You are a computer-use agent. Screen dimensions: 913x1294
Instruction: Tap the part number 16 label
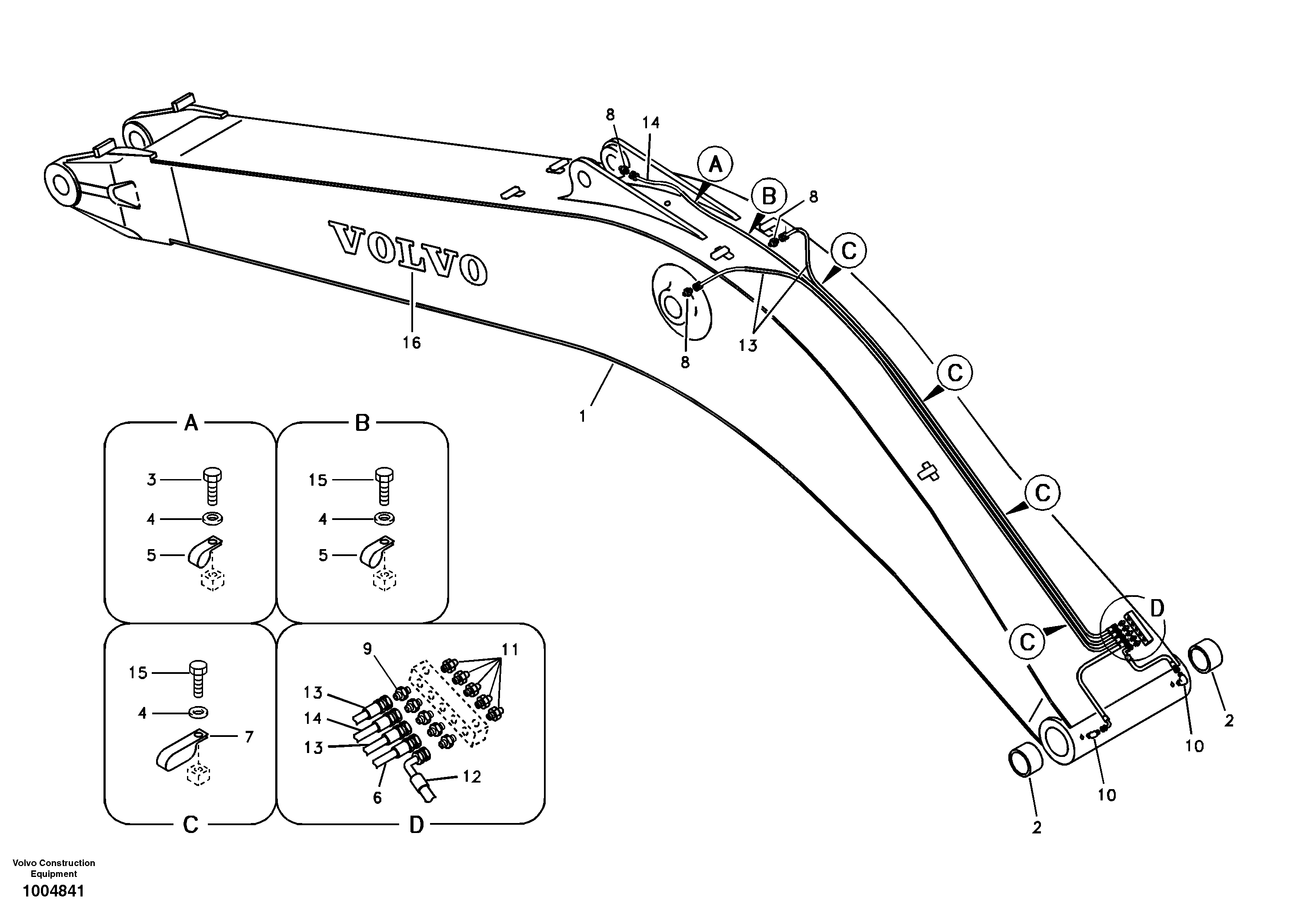411,343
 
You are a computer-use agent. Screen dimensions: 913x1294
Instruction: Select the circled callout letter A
715,165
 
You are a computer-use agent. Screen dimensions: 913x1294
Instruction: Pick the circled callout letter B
769,197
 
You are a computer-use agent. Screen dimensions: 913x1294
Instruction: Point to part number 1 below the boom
583,416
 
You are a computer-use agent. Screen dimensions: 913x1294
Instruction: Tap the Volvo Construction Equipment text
53,869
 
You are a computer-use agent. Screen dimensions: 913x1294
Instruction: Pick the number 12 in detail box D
472,777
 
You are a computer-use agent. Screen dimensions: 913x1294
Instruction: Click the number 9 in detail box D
367,649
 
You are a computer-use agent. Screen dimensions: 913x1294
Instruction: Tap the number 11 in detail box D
510,650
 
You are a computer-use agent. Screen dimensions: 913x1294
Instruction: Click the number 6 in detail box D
377,797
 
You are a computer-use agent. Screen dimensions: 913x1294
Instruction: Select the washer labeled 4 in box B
384,517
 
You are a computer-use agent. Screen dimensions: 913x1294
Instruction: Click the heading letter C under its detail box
190,825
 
